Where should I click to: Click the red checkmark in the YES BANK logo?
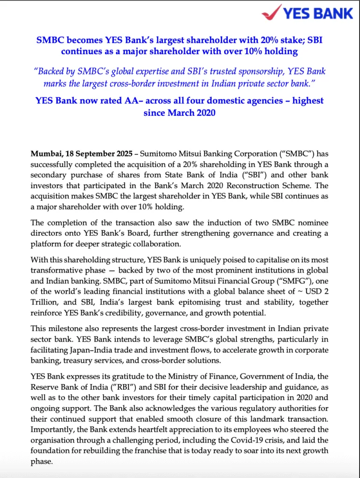[272, 12]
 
